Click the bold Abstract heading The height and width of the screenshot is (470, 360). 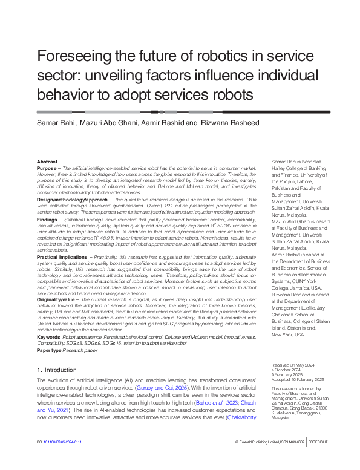[x=47, y=162]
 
